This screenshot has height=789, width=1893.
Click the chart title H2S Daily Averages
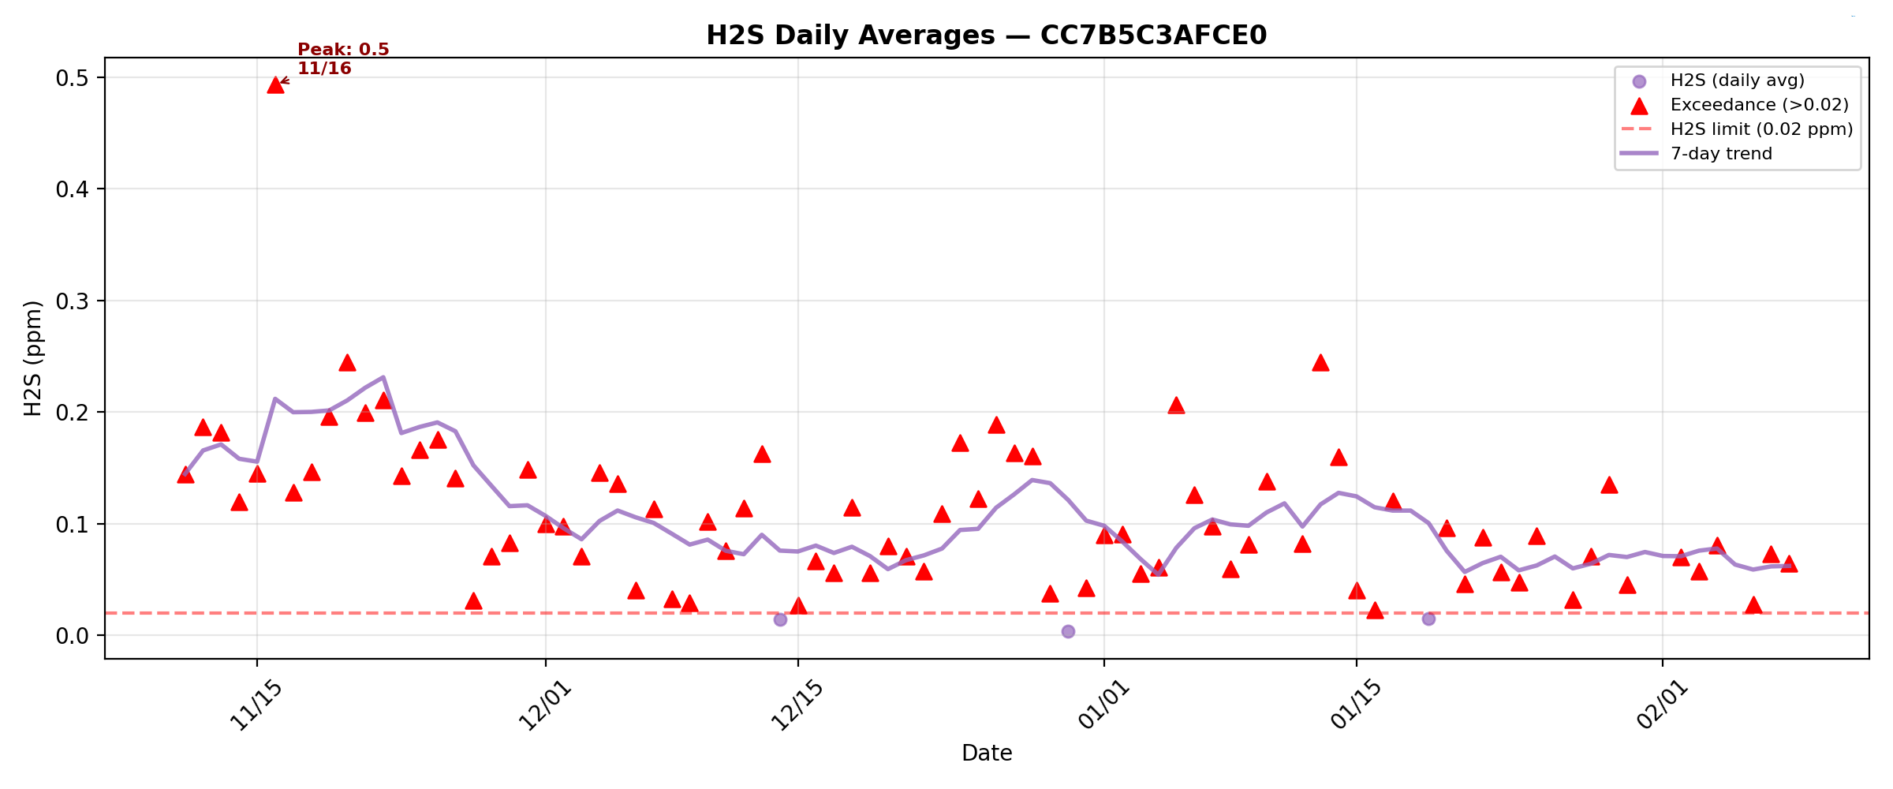[x=986, y=36]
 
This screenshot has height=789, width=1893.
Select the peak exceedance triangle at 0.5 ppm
[x=275, y=85]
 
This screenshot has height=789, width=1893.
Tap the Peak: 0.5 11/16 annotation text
[x=343, y=59]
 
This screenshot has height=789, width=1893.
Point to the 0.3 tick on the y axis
[x=71, y=301]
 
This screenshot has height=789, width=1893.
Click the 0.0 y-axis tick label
[x=71, y=636]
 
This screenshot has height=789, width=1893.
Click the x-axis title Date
[x=986, y=753]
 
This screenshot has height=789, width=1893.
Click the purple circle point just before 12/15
[x=780, y=619]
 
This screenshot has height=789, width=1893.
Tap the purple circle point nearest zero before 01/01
[x=1068, y=631]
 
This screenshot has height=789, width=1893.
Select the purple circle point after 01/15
[x=1428, y=619]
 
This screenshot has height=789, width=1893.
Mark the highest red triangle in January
[x=1320, y=363]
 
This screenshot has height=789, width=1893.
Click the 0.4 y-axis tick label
[x=71, y=189]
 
